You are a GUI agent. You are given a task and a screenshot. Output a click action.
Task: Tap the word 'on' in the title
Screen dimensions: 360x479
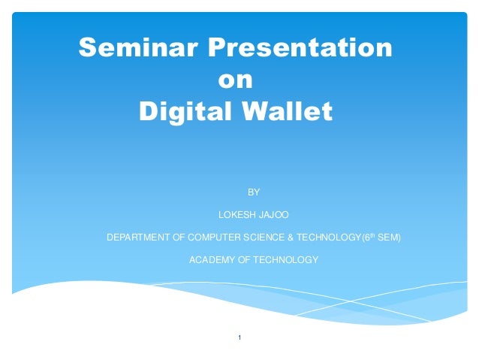(x=235, y=80)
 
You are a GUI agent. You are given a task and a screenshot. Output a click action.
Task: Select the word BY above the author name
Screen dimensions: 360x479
(x=254, y=192)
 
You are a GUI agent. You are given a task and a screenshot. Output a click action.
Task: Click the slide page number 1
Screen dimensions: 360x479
(x=239, y=338)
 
